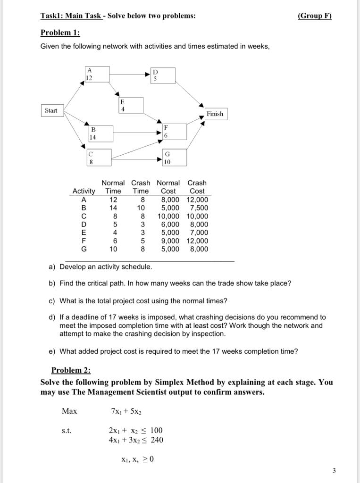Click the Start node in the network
pyautogui.click(x=51, y=111)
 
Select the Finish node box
pyautogui.click(x=215, y=114)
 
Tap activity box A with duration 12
pyautogui.click(x=97, y=75)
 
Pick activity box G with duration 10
pyautogui.click(x=175, y=158)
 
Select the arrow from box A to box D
pyautogui.click(x=130, y=74)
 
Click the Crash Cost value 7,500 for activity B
pyautogui.click(x=198, y=208)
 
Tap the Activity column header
pyautogui.click(x=84, y=191)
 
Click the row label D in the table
pyautogui.click(x=84, y=224)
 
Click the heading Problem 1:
pyautogui.click(x=60, y=33)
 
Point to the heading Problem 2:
pyautogui.click(x=71, y=370)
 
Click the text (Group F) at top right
pyautogui.click(x=315, y=16)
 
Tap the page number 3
pyautogui.click(x=334, y=470)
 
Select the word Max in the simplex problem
pyautogui.click(x=69, y=411)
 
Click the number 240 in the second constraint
pyautogui.click(x=157, y=440)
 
